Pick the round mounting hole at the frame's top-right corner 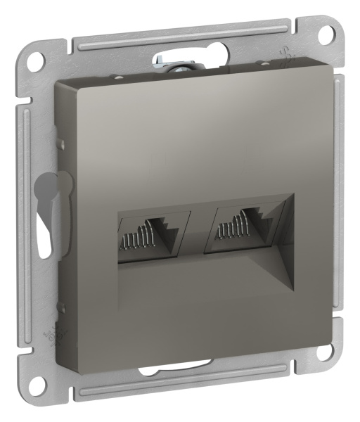tap(326, 33)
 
